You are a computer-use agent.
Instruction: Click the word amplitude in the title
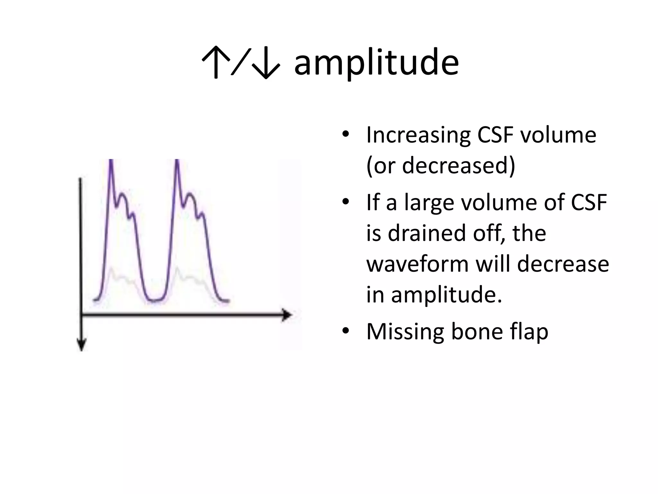376,63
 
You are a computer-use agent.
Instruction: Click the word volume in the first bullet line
558,135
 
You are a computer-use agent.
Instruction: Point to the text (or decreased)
440,165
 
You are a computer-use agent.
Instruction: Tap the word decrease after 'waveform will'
563,264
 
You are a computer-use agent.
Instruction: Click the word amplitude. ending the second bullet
446,294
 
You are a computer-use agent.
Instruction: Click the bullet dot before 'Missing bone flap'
345,331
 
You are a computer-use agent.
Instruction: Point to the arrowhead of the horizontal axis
287,315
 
